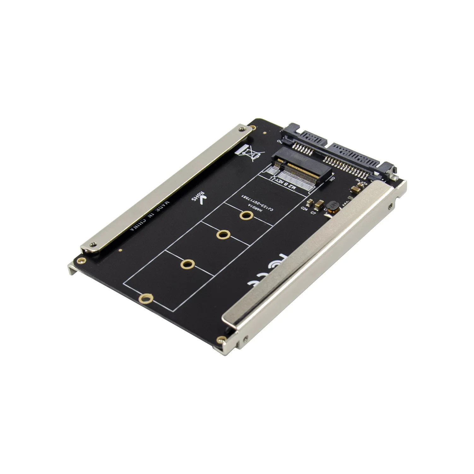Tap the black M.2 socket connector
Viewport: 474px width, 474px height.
tap(303, 166)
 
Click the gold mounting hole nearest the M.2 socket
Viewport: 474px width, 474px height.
tap(245, 216)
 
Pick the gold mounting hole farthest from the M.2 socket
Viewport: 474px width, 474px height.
tap(146, 298)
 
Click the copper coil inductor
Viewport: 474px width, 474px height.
tap(332, 207)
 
